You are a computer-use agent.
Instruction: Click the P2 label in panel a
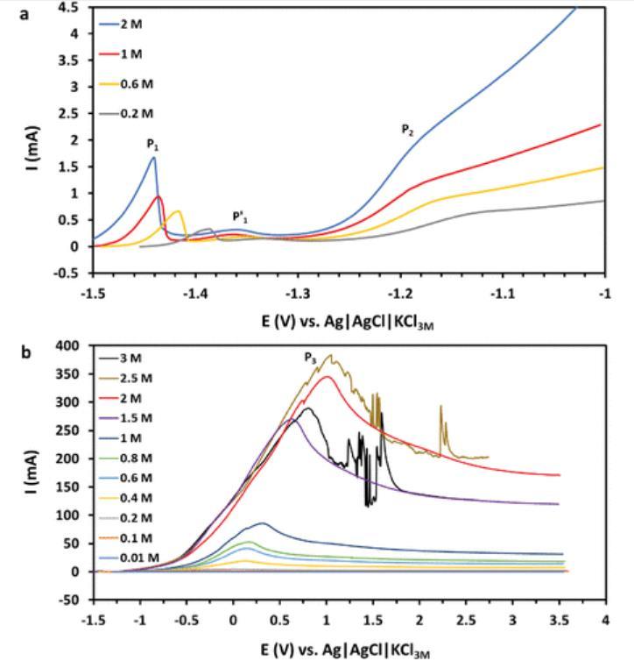407,130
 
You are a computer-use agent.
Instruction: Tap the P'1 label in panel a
238,217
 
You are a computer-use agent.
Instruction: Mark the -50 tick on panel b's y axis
72,601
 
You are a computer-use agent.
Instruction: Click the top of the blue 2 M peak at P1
154,158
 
